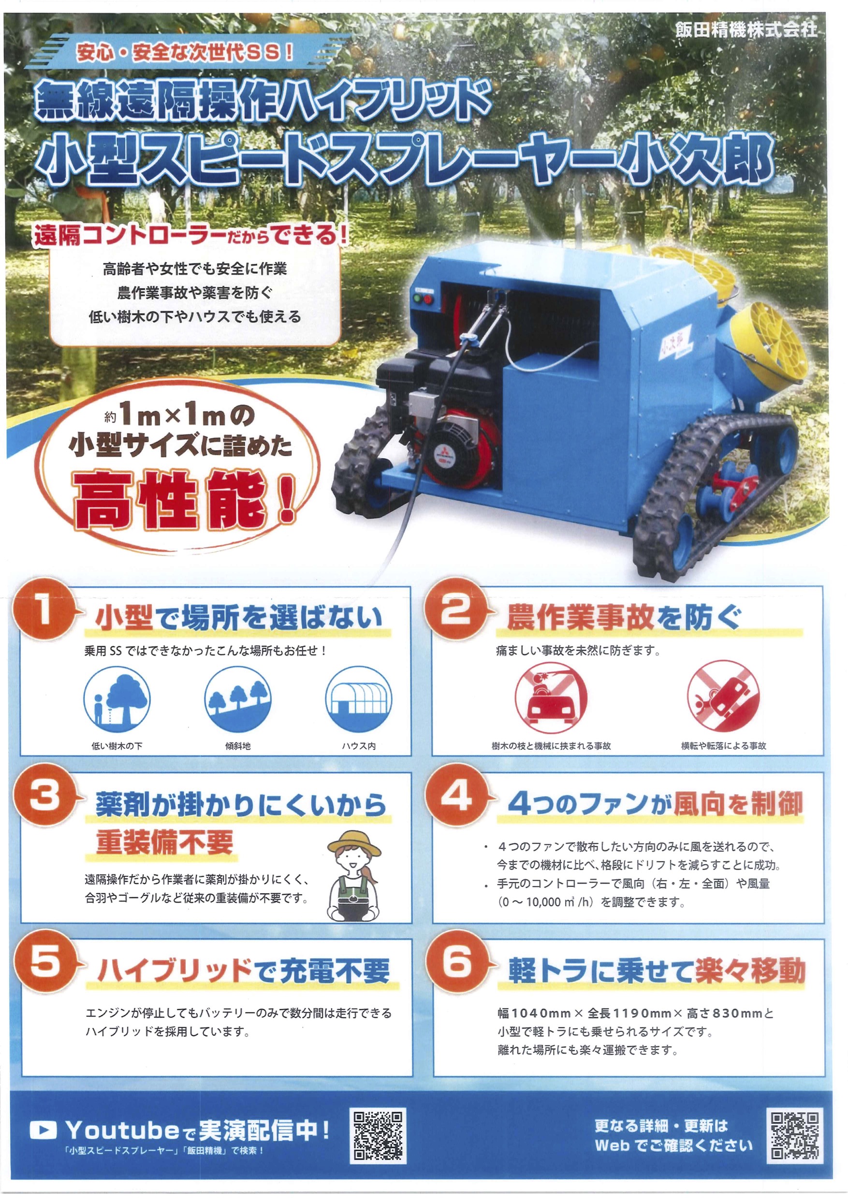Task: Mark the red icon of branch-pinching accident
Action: pos(551,698)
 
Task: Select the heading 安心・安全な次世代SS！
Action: pos(185,52)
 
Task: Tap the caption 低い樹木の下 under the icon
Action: pos(117,746)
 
